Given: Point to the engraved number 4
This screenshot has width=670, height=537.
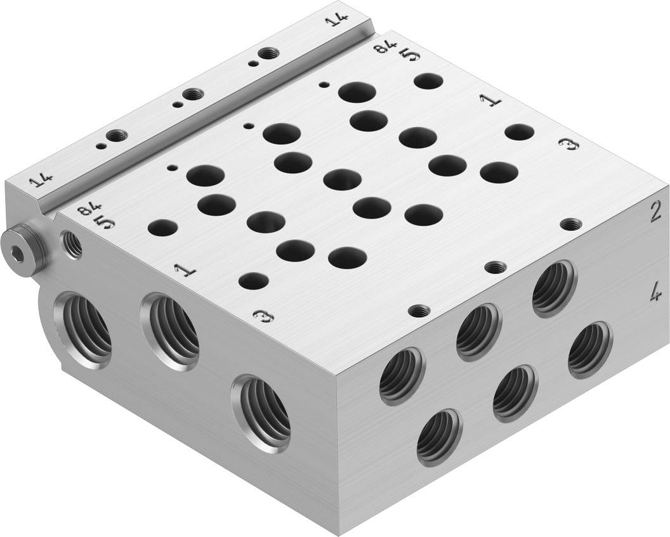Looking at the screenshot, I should tap(656, 293).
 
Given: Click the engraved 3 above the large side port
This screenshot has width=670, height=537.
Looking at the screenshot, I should tap(259, 315).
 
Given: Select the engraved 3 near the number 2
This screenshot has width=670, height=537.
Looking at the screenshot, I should tap(570, 145).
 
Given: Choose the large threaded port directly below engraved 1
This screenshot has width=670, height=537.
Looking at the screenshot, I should tap(169, 330).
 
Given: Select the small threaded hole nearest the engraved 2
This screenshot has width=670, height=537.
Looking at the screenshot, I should tap(571, 224).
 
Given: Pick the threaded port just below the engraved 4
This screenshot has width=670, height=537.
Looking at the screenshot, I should tap(589, 350).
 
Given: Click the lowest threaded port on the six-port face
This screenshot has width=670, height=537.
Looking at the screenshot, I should tap(439, 437).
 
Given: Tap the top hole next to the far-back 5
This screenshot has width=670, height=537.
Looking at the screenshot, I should tap(428, 81).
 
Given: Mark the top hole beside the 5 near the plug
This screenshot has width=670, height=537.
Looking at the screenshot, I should tap(162, 228).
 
